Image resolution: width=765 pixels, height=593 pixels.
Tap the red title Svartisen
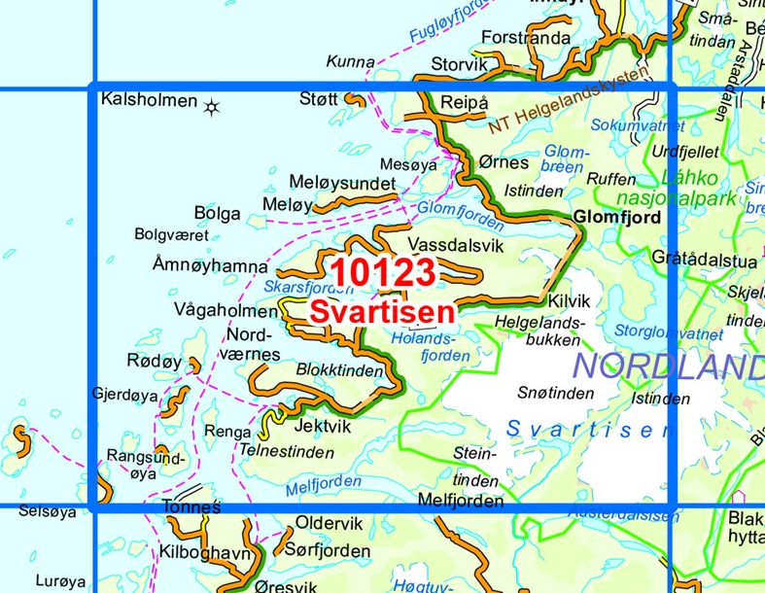point(382,312)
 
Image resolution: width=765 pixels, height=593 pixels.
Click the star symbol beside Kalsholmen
point(210,106)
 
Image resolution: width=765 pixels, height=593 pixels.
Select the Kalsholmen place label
point(146,99)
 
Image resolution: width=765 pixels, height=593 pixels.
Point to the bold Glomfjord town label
point(617,217)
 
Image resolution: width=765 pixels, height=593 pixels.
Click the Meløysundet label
point(342,184)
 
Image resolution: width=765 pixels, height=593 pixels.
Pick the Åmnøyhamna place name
point(209,265)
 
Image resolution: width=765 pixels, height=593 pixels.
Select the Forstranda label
point(526,39)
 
